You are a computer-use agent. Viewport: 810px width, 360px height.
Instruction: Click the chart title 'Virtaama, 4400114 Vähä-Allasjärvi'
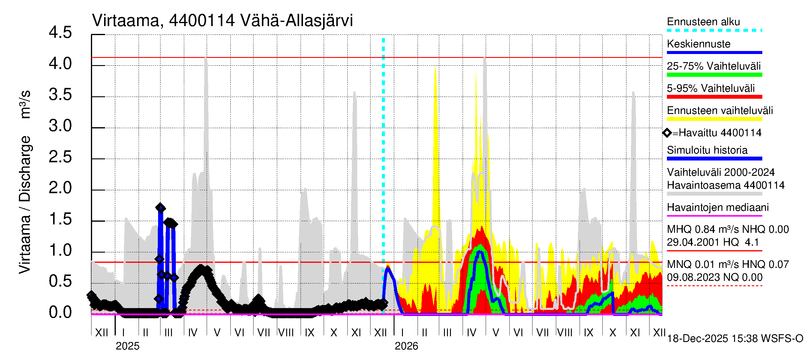coord(222,21)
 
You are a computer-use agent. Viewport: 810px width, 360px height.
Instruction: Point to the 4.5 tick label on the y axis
coord(60,33)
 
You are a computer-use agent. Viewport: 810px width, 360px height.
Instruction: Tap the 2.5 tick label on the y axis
coord(60,157)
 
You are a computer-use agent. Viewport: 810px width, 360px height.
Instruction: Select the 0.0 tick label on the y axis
coord(60,313)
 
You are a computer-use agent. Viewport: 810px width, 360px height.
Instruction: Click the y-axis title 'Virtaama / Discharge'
coord(25,204)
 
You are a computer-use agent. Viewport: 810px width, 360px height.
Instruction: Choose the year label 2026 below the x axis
coord(406,346)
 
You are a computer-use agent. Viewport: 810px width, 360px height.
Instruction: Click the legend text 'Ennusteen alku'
coord(703,22)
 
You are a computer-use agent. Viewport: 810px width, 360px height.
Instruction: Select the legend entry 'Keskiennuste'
coord(698,44)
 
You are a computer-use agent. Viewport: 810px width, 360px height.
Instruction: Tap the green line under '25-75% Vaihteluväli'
coord(714,75)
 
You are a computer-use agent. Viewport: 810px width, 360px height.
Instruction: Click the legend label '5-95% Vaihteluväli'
coord(710,88)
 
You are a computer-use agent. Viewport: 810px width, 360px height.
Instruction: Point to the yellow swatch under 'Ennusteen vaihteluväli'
coord(714,119)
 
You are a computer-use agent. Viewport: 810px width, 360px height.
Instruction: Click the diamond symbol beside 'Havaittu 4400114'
coord(667,133)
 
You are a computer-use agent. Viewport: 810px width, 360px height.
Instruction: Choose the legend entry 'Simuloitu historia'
coord(707,150)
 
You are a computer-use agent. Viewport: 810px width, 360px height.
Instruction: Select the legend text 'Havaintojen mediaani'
coord(718,208)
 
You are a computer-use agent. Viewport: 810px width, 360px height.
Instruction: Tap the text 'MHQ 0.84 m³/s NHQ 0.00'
coord(727,229)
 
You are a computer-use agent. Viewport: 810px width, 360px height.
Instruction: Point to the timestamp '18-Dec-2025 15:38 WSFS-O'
coord(735,339)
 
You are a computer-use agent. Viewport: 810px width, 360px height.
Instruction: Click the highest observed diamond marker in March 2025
coord(160,208)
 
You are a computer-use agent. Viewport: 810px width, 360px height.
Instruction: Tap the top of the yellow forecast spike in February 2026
coord(435,67)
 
